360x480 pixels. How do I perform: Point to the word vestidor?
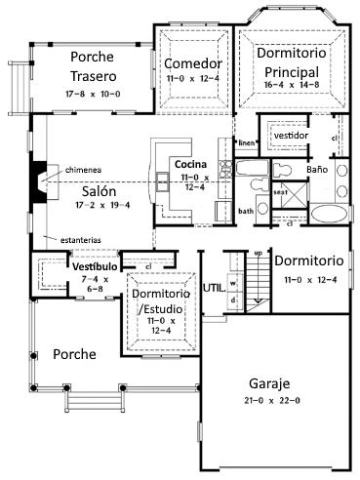coord(292,135)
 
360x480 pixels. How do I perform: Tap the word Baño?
coord(316,169)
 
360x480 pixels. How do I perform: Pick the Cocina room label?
coord(191,163)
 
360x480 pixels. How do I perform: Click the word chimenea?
coord(84,170)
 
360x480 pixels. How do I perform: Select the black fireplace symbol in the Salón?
coord(38,185)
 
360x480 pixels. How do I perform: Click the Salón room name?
coord(100,191)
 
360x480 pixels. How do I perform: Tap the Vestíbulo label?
coord(95,265)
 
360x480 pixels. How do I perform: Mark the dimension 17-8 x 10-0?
coord(94,96)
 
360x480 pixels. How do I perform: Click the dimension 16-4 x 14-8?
coord(293,85)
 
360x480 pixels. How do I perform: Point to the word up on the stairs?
coord(258,254)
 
